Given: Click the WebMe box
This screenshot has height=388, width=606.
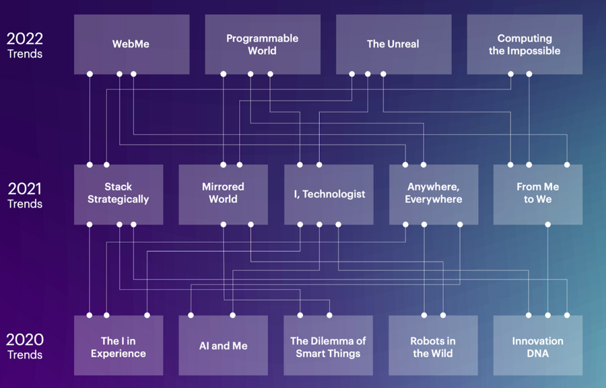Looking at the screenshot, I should (131, 44).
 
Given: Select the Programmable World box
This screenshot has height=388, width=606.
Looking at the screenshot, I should (263, 44).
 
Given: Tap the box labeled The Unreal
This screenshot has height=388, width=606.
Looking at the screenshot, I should (393, 44).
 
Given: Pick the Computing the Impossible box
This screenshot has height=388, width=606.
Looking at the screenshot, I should (525, 44).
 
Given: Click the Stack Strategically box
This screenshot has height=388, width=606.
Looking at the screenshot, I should (119, 194).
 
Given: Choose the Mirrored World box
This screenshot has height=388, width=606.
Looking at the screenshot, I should (223, 194).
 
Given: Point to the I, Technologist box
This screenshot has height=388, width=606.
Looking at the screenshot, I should (329, 194).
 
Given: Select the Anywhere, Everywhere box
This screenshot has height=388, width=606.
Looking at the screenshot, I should (434, 194).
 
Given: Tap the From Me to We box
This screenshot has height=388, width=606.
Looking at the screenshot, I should (538, 194).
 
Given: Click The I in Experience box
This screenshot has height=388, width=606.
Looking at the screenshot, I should (119, 346).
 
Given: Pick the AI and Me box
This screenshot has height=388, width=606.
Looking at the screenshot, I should (223, 346).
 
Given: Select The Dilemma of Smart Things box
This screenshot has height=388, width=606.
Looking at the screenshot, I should (329, 346).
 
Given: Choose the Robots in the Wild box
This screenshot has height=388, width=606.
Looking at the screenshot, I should (434, 346).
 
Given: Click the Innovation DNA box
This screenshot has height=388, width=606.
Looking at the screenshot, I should (538, 346).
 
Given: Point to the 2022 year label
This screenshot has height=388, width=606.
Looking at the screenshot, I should (25, 38).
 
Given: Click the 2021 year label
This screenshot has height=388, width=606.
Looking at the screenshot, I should (25, 189).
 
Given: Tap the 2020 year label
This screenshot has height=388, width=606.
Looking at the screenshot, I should (25, 340).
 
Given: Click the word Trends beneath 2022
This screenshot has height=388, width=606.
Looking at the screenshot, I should (25, 54).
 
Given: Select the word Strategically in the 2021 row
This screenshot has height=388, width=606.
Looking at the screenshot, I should (119, 199).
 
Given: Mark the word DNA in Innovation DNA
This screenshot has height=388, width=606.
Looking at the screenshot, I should (538, 353).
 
